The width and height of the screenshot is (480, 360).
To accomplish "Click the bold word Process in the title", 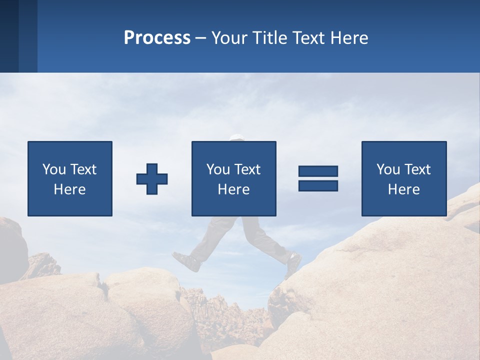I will pyautogui.click(x=157, y=38).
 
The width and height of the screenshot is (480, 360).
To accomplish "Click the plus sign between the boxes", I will pyautogui.click(x=152, y=179).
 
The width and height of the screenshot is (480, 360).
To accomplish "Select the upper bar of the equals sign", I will pyautogui.click(x=318, y=171).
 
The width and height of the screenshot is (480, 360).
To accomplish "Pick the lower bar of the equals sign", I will pyautogui.click(x=318, y=185).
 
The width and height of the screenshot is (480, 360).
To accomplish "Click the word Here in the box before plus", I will pyautogui.click(x=69, y=189).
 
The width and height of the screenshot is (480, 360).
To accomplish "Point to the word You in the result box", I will pyautogui.click(x=388, y=169).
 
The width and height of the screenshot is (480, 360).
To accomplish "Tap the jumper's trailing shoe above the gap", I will pyautogui.click(x=186, y=261).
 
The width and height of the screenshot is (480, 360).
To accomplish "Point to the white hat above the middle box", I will pyautogui.click(x=236, y=137).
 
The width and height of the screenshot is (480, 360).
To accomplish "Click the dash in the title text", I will pyautogui.click(x=201, y=38).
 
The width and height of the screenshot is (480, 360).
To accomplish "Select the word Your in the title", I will pyautogui.click(x=230, y=38).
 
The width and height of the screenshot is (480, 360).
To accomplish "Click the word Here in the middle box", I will pyautogui.click(x=233, y=189).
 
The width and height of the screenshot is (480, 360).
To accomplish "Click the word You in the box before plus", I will pyautogui.click(x=54, y=169).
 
